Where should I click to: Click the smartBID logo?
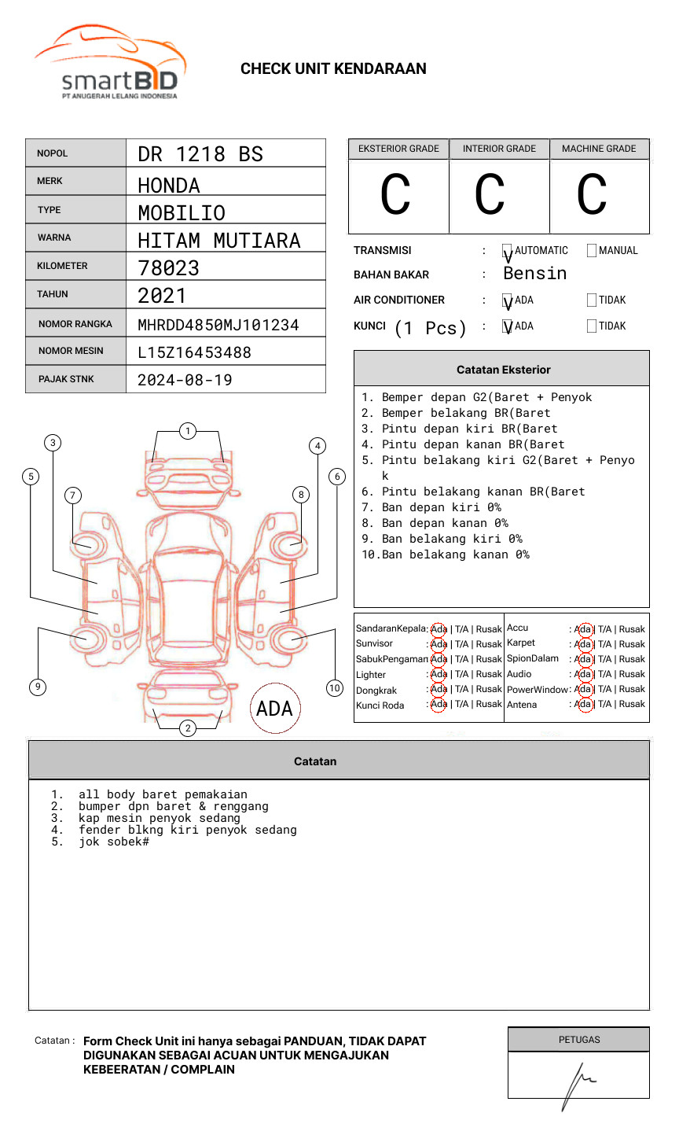(110, 63)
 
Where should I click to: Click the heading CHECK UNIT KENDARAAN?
(333, 69)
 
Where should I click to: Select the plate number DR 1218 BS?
(200, 154)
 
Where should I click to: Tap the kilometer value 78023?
(168, 268)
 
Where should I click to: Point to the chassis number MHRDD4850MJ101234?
(218, 325)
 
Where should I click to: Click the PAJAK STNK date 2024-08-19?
(185, 380)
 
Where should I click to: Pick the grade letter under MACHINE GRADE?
(592, 194)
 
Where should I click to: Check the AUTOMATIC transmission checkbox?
(508, 251)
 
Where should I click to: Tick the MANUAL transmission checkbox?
(592, 251)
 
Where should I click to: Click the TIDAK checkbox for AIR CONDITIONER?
(592, 300)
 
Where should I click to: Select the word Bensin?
(534, 274)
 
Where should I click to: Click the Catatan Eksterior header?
(503, 370)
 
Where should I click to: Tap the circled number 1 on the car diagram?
(187, 431)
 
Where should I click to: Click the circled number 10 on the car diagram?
(335, 688)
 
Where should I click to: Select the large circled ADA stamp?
(274, 709)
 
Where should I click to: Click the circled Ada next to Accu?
(583, 629)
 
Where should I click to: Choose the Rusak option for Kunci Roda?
(488, 705)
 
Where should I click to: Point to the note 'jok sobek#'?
(113, 842)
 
